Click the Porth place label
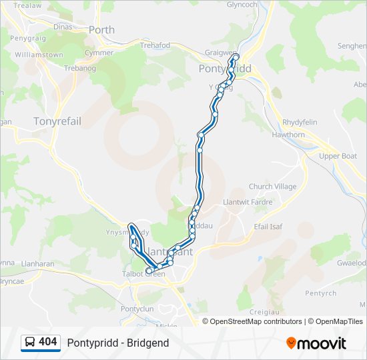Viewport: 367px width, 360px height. tap(101, 30)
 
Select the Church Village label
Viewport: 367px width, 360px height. tap(272, 187)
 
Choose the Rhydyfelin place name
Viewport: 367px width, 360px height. tap(301, 123)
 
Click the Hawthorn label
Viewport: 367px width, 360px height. tap(288, 135)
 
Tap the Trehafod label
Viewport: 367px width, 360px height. tap(155, 45)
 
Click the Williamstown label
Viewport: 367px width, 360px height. tap(39, 55)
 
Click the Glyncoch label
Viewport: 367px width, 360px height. tap(242, 4)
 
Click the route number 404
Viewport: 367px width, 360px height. tap(48, 342)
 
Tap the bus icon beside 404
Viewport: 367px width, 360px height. tap(30, 343)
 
